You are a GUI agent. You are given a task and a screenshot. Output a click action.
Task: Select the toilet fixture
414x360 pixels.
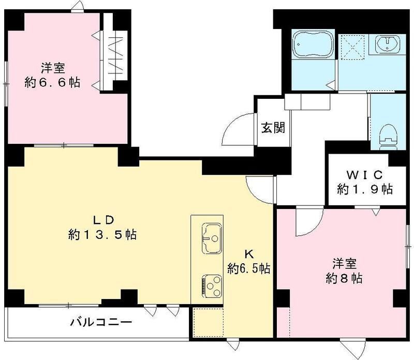tap(388, 136)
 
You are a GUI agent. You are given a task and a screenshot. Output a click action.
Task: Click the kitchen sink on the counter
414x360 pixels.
tap(211, 238)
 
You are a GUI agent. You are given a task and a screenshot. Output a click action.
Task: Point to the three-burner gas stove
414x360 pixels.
tap(211, 284)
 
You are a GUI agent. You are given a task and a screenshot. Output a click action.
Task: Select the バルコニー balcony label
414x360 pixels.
tap(101, 322)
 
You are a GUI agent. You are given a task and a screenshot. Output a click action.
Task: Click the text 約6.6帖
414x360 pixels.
tap(53, 82)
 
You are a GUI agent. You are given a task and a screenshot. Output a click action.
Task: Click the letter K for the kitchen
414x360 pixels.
tap(249, 254)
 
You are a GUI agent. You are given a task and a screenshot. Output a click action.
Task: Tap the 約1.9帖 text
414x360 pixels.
tap(366, 189)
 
